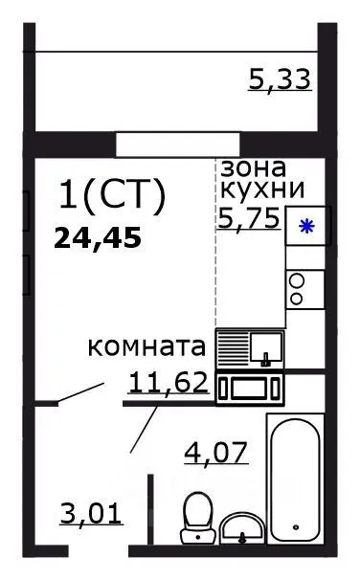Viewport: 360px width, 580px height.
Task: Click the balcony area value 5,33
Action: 280,79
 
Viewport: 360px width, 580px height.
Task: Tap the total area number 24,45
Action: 98,236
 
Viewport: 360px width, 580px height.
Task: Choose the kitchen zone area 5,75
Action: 250,217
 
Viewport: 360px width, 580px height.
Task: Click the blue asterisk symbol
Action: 306,227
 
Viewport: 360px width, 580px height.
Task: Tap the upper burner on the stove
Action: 297,280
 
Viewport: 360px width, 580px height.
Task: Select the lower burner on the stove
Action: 297,298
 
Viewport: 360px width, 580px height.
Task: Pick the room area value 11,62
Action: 169,383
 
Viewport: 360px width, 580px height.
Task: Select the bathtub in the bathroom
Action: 298,483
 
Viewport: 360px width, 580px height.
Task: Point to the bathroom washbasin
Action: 244,528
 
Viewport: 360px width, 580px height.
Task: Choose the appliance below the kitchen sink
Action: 249,388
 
